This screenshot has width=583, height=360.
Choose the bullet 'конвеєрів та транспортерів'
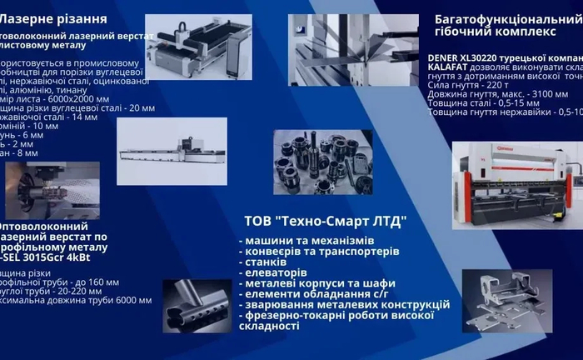pos(321,251)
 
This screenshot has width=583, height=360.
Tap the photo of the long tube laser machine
pos(172,151)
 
